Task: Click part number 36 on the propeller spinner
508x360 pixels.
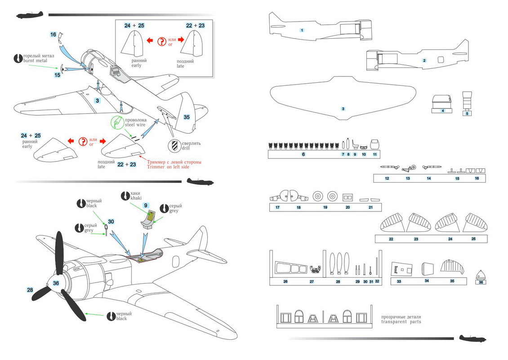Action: tap(56, 283)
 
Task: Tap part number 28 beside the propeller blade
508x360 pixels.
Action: tap(30, 290)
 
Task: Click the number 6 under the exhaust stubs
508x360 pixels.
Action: tap(303, 154)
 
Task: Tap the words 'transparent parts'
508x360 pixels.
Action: tap(401, 322)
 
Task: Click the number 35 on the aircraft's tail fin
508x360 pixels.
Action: tap(187, 117)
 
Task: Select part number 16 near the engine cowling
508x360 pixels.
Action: tap(53, 34)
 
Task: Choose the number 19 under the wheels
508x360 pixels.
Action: tap(325, 207)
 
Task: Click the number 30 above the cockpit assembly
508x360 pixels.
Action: tap(111, 221)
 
